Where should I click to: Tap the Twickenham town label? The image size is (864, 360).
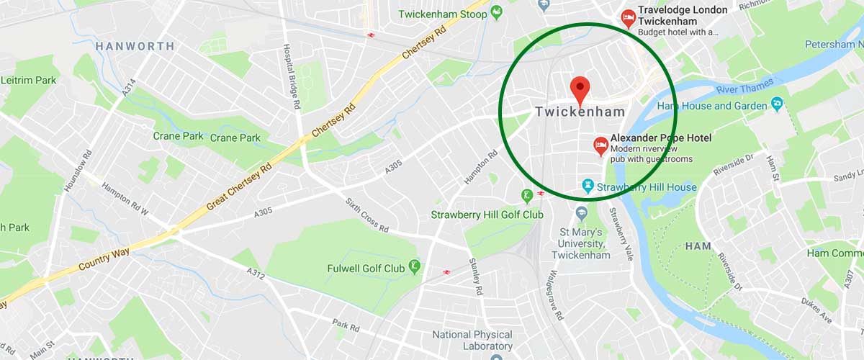click(x=580, y=112)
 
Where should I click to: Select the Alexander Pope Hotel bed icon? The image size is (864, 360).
click(x=600, y=146)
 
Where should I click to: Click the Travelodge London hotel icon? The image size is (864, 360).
click(x=629, y=18)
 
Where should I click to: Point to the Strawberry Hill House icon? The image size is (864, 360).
click(x=587, y=187)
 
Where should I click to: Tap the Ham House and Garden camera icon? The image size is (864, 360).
click(x=777, y=106)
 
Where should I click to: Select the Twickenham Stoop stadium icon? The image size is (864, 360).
click(x=496, y=14)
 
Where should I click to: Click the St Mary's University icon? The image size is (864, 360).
click(x=581, y=214)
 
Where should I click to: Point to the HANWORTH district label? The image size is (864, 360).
click(x=135, y=46)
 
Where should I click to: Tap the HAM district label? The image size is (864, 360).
click(x=698, y=246)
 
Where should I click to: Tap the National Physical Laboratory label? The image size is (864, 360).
click(x=472, y=341)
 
